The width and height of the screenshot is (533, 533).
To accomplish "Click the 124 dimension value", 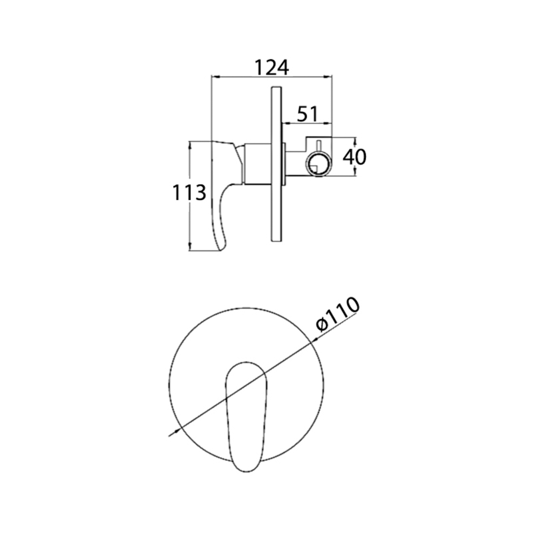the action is [x=272, y=67].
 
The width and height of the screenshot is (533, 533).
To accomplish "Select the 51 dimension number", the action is [x=307, y=114].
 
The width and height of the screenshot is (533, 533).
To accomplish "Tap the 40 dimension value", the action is [x=354, y=157].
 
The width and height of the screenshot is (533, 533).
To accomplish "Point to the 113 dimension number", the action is [x=189, y=193].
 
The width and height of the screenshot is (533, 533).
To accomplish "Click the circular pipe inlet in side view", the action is [x=318, y=164].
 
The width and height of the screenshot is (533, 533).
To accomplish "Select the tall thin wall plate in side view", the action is [x=276, y=165].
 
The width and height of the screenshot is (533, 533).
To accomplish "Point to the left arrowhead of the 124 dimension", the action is [x=214, y=77].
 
